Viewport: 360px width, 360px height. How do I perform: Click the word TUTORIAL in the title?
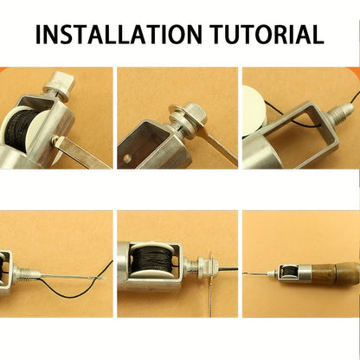267,35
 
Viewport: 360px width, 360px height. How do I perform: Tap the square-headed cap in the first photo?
59,86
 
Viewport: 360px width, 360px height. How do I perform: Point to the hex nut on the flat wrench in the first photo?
57,141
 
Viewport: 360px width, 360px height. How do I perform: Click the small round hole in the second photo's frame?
126,157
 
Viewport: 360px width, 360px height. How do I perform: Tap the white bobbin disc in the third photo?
254,111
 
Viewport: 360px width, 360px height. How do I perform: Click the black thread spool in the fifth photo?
150,260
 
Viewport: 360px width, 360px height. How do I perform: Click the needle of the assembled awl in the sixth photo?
256,273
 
